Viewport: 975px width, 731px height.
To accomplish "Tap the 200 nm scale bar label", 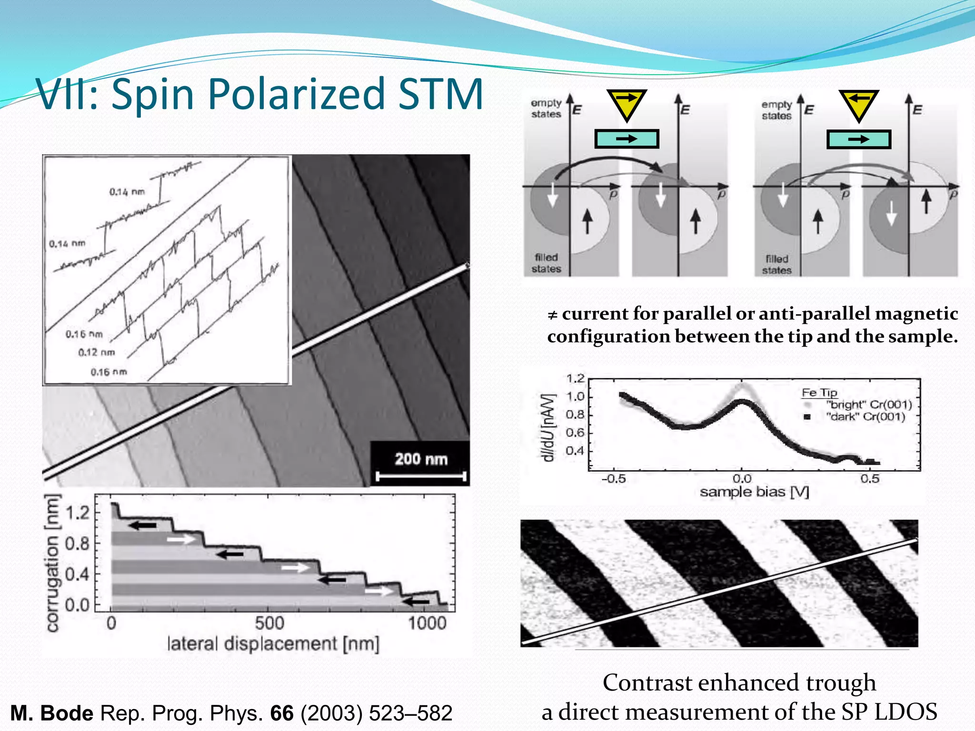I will pyautogui.click(x=421, y=459).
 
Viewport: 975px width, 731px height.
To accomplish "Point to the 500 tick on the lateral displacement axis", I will pyautogui.click(x=269, y=623).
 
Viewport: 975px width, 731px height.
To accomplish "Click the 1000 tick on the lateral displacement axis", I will pyautogui.click(x=427, y=623).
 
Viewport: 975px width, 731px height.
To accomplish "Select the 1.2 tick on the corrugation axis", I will pyautogui.click(x=77, y=513).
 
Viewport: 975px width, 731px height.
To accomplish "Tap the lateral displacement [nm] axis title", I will pyautogui.click(x=273, y=644).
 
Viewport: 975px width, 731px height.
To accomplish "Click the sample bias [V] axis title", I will pyautogui.click(x=754, y=492).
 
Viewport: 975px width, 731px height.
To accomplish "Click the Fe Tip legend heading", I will pyautogui.click(x=819, y=393).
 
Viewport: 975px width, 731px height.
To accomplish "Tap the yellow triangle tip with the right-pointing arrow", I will pyautogui.click(x=627, y=104).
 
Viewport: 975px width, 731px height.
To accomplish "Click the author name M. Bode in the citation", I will pyautogui.click(x=52, y=713).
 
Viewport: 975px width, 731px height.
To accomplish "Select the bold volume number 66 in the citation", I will pyautogui.click(x=282, y=713).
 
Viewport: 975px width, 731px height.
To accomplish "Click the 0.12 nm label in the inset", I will pyautogui.click(x=97, y=353).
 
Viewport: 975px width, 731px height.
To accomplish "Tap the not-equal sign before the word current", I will pyautogui.click(x=552, y=315).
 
